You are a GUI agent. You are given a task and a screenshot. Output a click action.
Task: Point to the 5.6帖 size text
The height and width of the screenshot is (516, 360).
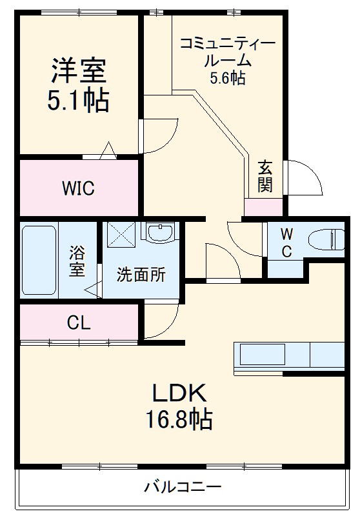[x=227, y=79]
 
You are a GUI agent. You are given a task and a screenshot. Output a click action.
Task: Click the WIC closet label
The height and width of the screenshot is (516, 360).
[x=78, y=188]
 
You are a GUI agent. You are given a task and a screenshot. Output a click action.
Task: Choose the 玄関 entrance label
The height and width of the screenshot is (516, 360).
[x=265, y=176]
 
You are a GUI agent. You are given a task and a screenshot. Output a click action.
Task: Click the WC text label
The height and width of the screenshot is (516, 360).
[x=287, y=243]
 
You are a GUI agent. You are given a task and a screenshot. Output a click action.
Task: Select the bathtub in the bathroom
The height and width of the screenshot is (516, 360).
[x=39, y=259]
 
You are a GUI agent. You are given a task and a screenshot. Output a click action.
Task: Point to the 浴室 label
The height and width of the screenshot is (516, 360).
[x=77, y=261]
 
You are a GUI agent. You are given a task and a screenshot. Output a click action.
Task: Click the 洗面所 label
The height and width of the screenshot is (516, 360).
[x=141, y=275]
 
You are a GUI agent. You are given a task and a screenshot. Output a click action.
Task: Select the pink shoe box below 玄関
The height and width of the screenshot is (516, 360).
[x=264, y=208]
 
